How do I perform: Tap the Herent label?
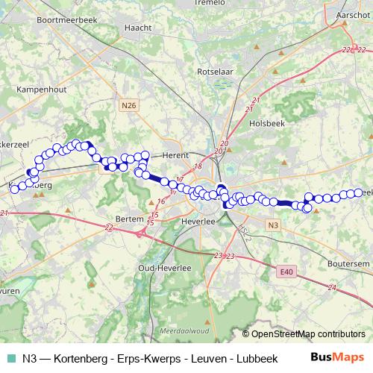click(x=175, y=154)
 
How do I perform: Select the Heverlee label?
click(x=198, y=222)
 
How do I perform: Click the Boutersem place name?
click(x=348, y=263)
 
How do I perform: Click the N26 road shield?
click(x=129, y=106)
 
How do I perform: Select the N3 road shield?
click(x=273, y=225)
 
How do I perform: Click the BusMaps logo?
click(x=336, y=357)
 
